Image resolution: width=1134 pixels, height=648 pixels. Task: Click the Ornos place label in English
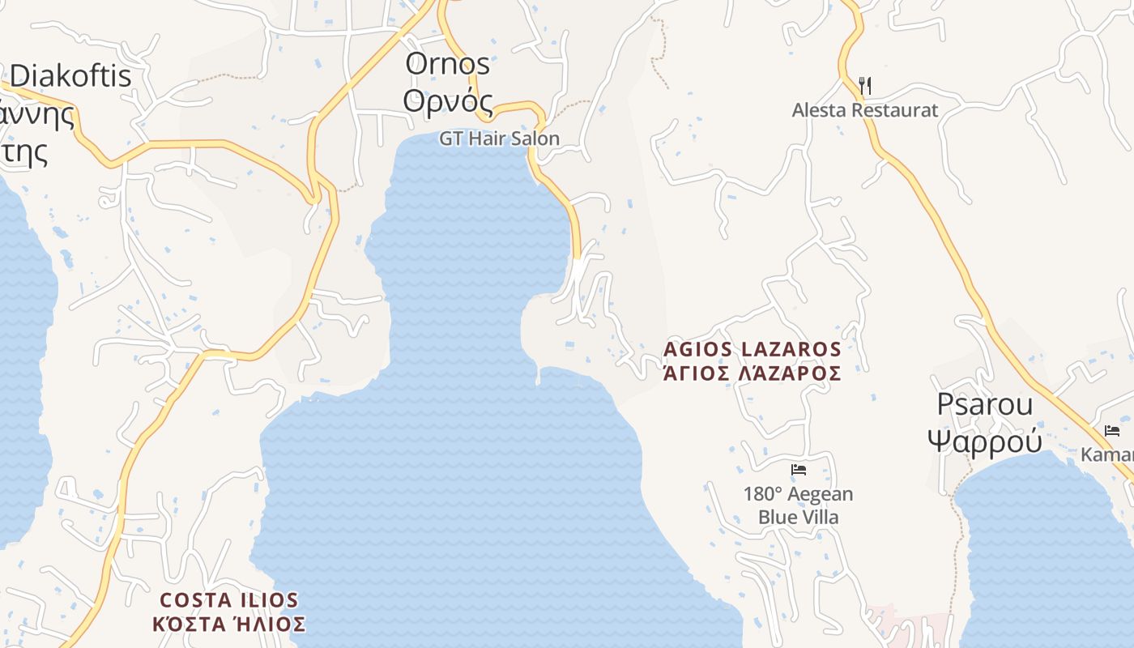[x=447, y=63]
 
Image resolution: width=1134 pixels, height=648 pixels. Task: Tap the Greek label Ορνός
[x=448, y=101]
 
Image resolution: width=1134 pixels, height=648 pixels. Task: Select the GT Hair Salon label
[x=499, y=139]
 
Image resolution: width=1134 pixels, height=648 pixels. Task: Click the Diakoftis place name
[x=70, y=75]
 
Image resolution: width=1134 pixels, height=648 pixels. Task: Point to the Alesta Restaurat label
[x=864, y=110]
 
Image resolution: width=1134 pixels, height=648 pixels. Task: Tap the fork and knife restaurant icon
[x=864, y=85]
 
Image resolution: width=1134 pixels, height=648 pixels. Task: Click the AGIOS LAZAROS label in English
[x=752, y=349]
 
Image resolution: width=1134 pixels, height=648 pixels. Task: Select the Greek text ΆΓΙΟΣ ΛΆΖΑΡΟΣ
[x=752, y=373]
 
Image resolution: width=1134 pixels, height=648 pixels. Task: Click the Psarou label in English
[x=984, y=403]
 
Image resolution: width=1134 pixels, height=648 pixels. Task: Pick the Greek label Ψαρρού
[x=984, y=441]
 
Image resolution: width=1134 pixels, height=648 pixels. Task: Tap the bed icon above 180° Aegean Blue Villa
[x=799, y=469]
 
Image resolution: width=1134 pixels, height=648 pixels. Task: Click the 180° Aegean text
[x=798, y=494]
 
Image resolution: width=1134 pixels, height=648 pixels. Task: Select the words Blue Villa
[x=798, y=517]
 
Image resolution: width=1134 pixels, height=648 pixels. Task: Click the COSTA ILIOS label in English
[x=229, y=600]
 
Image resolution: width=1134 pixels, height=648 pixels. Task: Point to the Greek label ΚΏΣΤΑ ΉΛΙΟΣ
[x=229, y=625]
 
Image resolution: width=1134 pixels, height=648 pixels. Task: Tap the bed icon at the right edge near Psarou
[x=1111, y=430]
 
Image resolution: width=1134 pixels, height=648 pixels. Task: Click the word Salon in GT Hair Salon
[x=535, y=139]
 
